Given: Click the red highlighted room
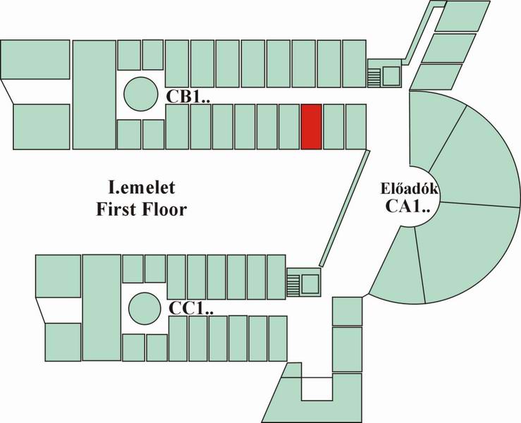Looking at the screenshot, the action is (x=312, y=127).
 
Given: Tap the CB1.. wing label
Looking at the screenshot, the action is (x=188, y=97).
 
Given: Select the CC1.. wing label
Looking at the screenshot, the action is (x=191, y=308).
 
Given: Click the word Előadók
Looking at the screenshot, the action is (x=410, y=189).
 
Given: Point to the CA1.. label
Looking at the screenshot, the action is (x=407, y=206).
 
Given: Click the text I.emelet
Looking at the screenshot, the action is (x=142, y=188).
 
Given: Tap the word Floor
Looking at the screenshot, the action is (x=164, y=209).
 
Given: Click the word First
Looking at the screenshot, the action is (x=116, y=209).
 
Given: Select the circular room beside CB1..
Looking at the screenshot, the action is (x=140, y=94).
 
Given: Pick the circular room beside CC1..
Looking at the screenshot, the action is (x=145, y=308).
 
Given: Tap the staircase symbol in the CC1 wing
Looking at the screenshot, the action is (x=293, y=284).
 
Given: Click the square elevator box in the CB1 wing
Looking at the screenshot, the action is (x=391, y=76).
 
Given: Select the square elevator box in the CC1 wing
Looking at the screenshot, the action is (x=310, y=284).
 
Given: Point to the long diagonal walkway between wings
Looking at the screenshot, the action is (x=344, y=208).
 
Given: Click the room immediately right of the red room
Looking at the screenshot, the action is (x=333, y=127).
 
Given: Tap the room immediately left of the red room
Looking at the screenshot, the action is (x=289, y=127).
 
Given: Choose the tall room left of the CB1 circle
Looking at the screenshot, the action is (x=94, y=94).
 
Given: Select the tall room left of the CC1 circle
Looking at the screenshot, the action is (x=102, y=307).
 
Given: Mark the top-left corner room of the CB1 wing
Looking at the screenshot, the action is (x=35, y=59).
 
